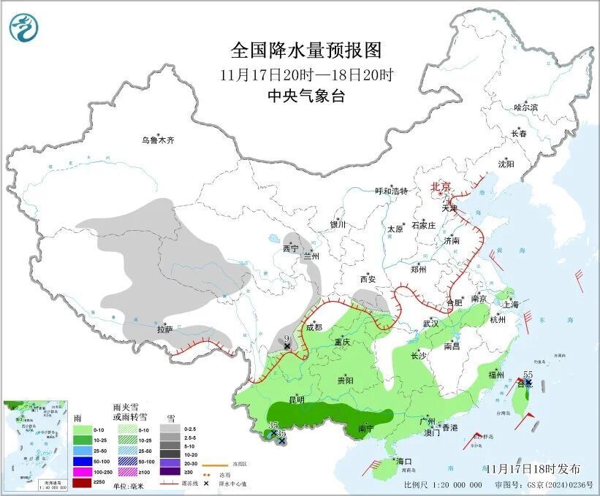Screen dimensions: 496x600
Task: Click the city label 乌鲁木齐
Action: coord(159,140)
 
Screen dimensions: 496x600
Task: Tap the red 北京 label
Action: coord(441,186)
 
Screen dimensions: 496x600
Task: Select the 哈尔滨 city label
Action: coord(525,107)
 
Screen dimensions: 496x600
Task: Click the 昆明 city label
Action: coord(297,400)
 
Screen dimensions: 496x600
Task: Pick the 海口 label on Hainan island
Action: coord(404,461)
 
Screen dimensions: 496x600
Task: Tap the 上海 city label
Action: coord(512,303)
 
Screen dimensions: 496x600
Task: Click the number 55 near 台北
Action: coord(528,374)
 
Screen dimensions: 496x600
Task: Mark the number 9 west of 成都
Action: coord(287,338)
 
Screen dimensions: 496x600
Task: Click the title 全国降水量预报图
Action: coord(306,50)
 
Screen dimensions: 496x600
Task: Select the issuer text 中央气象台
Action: coord(306,96)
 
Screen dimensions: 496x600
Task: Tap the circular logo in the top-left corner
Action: coord(24,27)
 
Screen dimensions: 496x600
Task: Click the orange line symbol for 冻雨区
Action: coord(213,464)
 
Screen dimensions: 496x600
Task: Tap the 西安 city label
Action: coord(367,279)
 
